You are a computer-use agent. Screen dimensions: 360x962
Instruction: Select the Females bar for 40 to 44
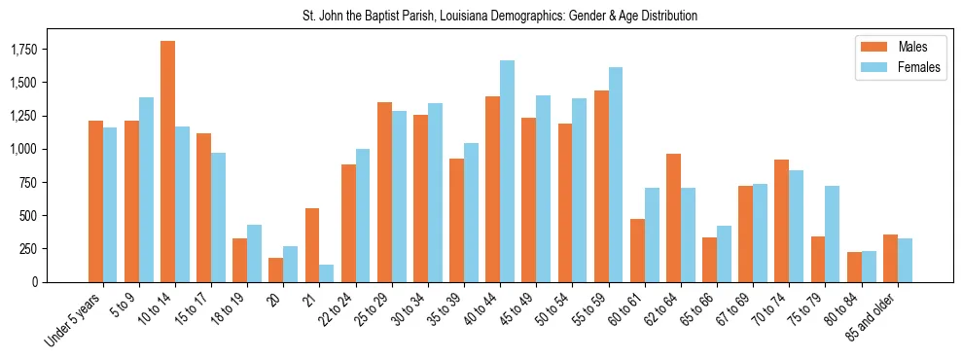(507, 171)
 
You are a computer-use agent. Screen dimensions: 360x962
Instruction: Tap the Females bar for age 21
(327, 273)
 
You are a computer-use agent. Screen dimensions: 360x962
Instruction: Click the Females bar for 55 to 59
(616, 174)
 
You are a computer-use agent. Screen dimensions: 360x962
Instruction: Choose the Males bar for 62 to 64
(673, 218)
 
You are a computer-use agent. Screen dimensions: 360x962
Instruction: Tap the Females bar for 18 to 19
(254, 253)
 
